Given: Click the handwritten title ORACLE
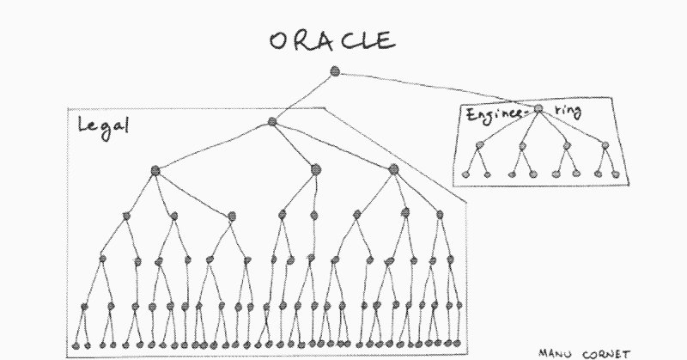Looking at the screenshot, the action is click(332, 40).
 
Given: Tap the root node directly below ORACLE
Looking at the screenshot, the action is click(335, 71).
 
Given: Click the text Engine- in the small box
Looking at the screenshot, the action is click(495, 115).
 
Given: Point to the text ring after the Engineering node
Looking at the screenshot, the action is click(568, 110).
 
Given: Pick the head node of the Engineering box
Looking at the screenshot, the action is click(538, 109).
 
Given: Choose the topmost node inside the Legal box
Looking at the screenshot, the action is click(272, 121).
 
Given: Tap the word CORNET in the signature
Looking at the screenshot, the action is click(606, 354).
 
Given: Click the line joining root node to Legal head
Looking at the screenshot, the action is click(303, 96).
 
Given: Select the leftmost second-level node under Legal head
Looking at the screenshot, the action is click(155, 171).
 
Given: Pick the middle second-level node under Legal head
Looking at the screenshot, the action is click(315, 169).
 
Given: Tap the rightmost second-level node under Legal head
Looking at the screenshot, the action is click(393, 169).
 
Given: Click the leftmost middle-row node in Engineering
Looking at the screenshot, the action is click(480, 144).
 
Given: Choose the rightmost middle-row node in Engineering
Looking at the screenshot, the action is click(605, 145).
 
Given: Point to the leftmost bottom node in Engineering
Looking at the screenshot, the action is click(465, 174).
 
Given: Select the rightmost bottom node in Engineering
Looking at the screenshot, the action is click(616, 174).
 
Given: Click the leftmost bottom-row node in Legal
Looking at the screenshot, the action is click(76, 346).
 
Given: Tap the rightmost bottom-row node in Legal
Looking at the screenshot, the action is click(458, 343).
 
